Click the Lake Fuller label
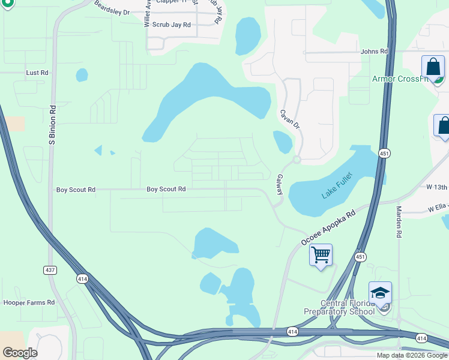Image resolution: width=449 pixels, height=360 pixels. pos(337,185)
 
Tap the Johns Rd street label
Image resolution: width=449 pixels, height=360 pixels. pos(374,52)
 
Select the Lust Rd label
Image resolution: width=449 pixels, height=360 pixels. pos(37,73)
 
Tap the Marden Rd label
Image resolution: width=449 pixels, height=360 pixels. pos(399,222)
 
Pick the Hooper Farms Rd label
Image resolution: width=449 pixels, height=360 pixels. pos(29,302)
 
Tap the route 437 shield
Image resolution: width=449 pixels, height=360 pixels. pos(50,271)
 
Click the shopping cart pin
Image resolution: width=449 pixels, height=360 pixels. pos(321,256)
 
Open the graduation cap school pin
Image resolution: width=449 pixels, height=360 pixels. pos(380,293)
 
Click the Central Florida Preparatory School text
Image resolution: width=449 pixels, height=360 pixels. pos(339,307)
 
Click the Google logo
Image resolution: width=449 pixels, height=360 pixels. pos(20,353)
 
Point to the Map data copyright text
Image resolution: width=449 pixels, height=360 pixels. pos(412,355)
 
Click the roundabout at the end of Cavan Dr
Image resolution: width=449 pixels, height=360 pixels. pos(297,160)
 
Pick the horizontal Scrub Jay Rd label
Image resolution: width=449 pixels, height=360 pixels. pos(171,25)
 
